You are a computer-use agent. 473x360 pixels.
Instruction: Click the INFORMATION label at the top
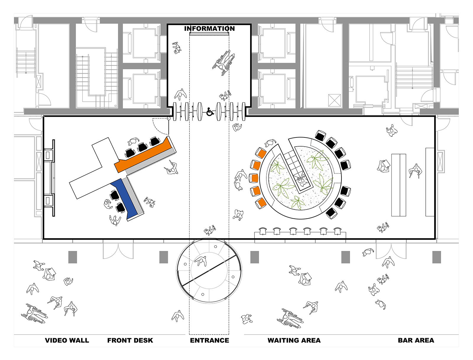pos(209,29)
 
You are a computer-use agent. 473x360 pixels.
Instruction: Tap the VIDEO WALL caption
pos(67,340)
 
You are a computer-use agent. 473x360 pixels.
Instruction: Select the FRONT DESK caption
pos(130,340)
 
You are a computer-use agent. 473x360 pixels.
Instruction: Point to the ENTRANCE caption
pos(209,340)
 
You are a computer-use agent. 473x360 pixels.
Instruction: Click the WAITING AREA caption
pos(294,340)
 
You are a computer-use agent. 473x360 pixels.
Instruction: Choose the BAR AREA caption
pos(416,340)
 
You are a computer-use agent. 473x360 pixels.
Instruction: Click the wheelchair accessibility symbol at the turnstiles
pos(210,112)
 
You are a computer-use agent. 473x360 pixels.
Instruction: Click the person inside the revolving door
pos(201,262)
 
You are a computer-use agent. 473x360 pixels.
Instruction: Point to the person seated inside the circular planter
pos(302,180)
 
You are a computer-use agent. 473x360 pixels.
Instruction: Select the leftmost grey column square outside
pos(73,257)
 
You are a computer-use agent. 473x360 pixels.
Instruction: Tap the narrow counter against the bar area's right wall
pos(430,182)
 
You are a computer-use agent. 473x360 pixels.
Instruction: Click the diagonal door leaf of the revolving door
pos(209,270)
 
